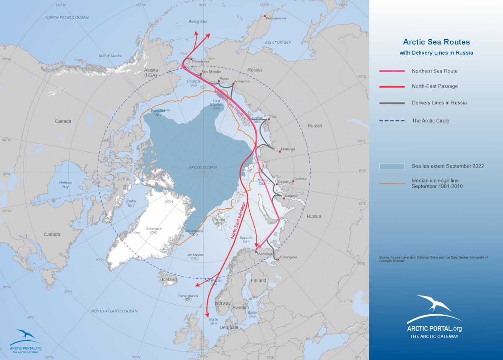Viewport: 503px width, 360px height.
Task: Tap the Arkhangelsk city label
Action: coord(288,257)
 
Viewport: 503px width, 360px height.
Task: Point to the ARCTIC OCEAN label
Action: coord(202,167)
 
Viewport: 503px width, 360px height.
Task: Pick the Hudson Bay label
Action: coord(65,185)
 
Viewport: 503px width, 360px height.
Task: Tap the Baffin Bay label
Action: coord(131,203)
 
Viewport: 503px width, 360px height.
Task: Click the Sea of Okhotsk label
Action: coord(278,42)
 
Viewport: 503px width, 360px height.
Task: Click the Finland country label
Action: coord(259,280)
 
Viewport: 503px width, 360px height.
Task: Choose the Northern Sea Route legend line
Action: coord(392,71)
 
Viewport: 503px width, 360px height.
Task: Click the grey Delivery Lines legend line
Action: coord(392,103)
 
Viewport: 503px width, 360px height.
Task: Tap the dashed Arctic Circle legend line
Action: coord(392,121)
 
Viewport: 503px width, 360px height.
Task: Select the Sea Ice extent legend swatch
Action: coord(392,166)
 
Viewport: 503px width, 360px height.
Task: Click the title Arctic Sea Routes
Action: coord(436,42)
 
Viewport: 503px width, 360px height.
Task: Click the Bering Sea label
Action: coord(197,21)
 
